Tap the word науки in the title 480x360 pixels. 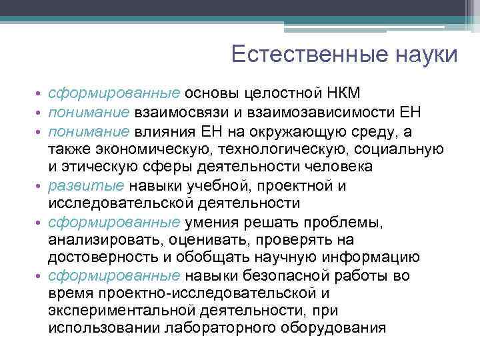[425, 55]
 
